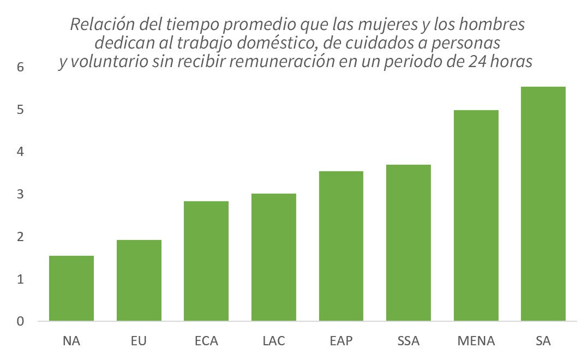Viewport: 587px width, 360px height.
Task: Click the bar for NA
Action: [x=71, y=288]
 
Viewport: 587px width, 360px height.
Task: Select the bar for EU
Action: [x=139, y=280]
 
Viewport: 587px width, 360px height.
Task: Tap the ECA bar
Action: [x=206, y=261]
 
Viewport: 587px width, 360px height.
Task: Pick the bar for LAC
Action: [x=274, y=257]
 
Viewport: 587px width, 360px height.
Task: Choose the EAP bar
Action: [x=341, y=246]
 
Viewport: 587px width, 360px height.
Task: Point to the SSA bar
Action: [x=409, y=243]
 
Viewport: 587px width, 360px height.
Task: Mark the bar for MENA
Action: [x=476, y=215]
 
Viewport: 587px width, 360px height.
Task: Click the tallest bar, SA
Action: [x=543, y=203]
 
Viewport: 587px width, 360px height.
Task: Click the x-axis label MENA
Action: [x=476, y=341]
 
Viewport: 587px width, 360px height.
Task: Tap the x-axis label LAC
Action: [x=274, y=341]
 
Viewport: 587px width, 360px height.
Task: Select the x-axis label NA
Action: [x=71, y=341]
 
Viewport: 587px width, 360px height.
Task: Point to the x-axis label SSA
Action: [x=409, y=341]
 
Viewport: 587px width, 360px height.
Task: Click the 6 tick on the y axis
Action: [x=21, y=67]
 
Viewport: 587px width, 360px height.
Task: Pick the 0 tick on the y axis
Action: [x=21, y=321]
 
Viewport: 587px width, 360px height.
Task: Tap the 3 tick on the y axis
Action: [x=21, y=194]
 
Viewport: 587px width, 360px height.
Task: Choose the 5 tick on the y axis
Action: [x=21, y=110]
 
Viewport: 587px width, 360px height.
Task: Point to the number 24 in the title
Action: [x=479, y=62]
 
